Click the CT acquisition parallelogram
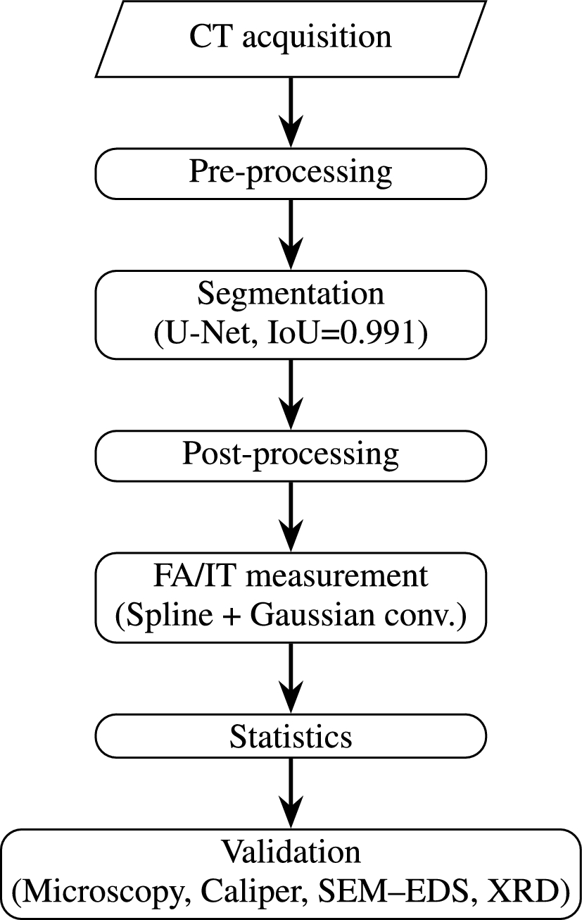point(291,38)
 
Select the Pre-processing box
point(291,173)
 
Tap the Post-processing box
point(291,454)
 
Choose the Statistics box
point(291,736)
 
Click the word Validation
point(291,852)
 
